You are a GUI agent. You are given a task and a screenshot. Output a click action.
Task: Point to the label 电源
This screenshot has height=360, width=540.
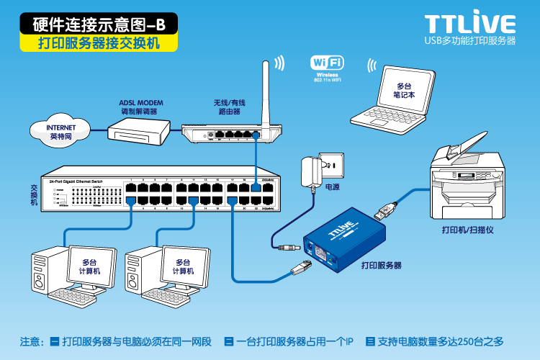coord(332,187)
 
